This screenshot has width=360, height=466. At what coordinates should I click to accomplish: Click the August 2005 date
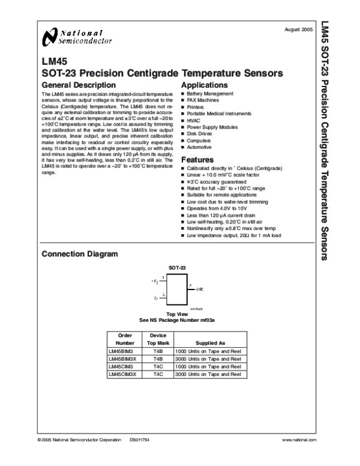tap(299, 29)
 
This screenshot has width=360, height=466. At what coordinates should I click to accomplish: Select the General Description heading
tap(79, 85)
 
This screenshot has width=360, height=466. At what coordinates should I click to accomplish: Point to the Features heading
tap(197, 160)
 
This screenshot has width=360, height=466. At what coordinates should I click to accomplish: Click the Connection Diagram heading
tap(79, 254)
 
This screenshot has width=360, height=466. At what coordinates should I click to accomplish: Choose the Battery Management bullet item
tap(210, 94)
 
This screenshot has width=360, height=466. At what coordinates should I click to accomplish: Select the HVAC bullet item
tap(194, 120)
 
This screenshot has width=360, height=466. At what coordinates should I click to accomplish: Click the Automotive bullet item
tap(199, 147)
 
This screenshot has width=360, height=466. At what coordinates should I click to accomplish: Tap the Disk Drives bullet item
tap(200, 134)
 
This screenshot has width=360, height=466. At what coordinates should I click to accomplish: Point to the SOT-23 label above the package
tap(177, 266)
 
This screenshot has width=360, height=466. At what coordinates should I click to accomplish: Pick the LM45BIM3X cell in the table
tap(123, 359)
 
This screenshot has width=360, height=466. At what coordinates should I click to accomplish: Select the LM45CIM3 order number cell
tap(121, 366)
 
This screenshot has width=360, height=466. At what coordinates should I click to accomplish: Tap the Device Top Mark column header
tap(157, 339)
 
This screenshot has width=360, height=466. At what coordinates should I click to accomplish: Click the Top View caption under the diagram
tap(178, 314)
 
